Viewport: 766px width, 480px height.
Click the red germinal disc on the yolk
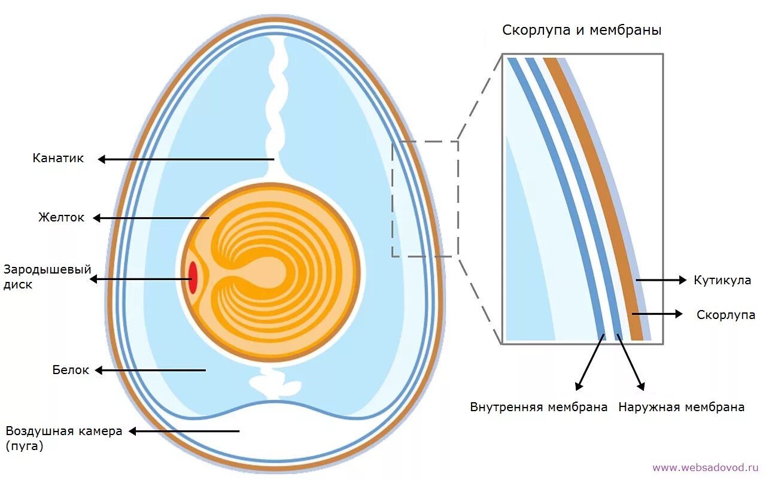click(193, 278)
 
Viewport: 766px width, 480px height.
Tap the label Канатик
click(58, 159)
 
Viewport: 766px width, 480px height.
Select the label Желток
click(62, 218)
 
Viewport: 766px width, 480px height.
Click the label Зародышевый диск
click(47, 277)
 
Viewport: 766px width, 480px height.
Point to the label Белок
click(71, 370)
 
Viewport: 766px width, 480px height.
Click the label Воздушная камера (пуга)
click(63, 438)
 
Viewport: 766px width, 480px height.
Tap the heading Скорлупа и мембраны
click(582, 30)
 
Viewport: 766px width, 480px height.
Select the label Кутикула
click(722, 280)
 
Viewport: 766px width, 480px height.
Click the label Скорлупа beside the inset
click(726, 315)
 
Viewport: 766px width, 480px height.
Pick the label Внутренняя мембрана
click(539, 408)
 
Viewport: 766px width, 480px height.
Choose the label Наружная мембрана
click(682, 408)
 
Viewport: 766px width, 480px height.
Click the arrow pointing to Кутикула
click(661, 280)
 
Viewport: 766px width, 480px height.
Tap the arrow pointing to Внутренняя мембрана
click(589, 363)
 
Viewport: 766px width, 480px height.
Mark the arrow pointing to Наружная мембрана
click(630, 363)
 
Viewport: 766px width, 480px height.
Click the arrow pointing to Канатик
click(186, 159)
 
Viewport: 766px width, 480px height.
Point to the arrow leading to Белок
click(150, 370)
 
